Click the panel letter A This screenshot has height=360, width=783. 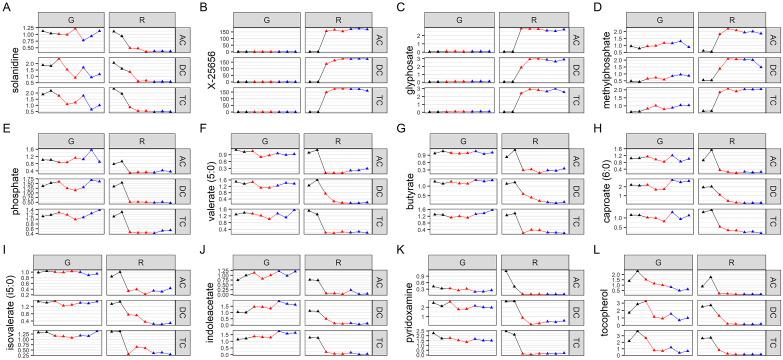pos(6,7)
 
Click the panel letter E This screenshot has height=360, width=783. pos(6,128)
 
